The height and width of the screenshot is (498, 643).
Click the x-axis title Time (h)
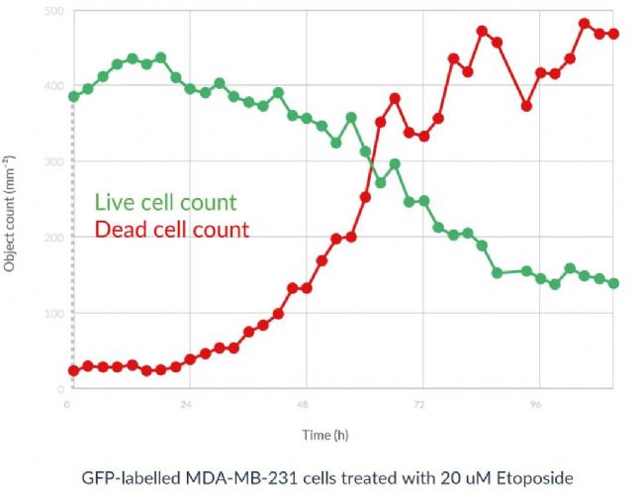point(325,435)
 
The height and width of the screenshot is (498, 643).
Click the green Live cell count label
point(165,203)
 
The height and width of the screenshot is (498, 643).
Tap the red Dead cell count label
point(170,230)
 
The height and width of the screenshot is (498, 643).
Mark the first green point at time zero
point(73,96)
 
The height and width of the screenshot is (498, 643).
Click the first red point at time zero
point(73,370)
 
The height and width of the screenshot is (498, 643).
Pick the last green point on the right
point(613,283)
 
